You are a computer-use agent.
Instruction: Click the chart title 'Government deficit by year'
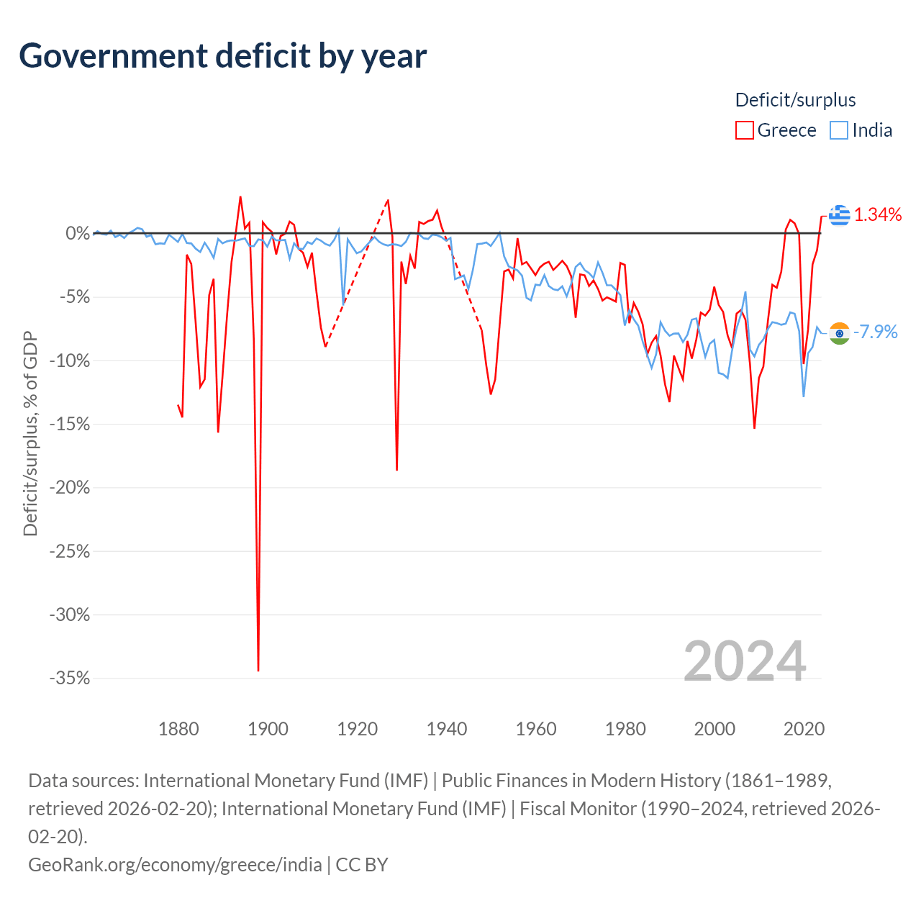click(x=222, y=56)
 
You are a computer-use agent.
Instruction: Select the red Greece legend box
click(x=744, y=130)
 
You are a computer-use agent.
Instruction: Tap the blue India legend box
click(x=839, y=130)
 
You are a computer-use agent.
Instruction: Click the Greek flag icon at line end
click(x=839, y=215)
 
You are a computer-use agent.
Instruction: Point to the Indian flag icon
click(x=839, y=333)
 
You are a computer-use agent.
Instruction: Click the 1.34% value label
click(x=878, y=215)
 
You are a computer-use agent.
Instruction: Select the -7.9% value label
click(x=875, y=332)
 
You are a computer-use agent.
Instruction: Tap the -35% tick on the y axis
click(x=70, y=678)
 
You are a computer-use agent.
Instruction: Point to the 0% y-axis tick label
click(x=78, y=234)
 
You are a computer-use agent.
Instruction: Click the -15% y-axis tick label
click(x=70, y=424)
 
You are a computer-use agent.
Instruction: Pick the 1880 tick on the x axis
click(x=178, y=729)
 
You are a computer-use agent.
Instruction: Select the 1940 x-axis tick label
click(x=446, y=729)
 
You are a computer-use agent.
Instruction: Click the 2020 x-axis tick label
click(x=804, y=729)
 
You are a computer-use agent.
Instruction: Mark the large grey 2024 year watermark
click(x=745, y=661)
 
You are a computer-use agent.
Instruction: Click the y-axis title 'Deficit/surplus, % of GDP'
click(x=30, y=433)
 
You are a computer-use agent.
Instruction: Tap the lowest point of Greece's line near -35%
click(x=258, y=671)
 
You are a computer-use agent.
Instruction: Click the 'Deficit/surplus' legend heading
click(x=795, y=100)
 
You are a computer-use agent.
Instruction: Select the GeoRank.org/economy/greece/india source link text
click(x=175, y=865)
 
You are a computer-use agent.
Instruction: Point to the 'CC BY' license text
click(x=362, y=865)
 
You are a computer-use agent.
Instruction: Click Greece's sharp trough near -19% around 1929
click(x=396, y=470)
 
